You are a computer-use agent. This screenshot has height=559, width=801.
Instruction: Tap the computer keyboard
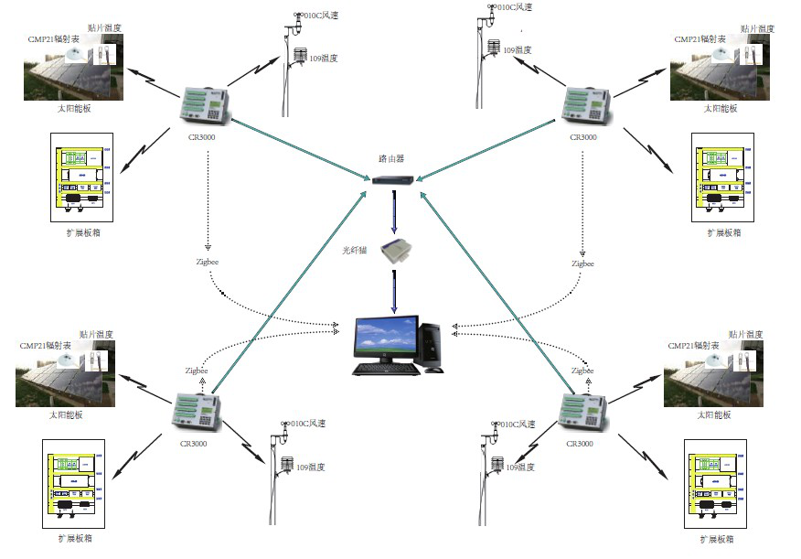(387, 369)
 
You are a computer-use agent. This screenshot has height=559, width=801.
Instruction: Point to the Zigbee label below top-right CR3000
(582, 263)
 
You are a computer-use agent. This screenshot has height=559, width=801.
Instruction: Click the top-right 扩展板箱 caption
(723, 232)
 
